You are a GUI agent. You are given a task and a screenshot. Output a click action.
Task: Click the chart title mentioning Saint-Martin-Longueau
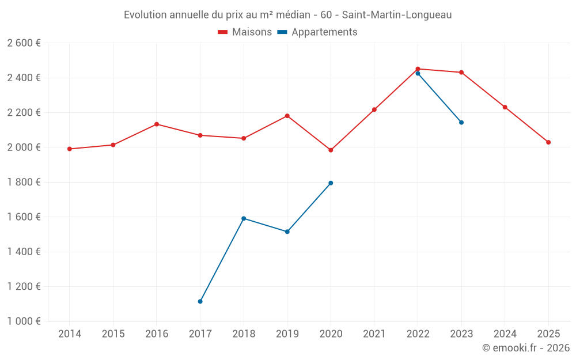287,14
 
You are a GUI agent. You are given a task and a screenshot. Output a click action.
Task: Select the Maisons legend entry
245,32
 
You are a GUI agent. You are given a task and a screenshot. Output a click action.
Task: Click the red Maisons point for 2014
70,149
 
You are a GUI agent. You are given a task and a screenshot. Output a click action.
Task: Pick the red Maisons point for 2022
418,69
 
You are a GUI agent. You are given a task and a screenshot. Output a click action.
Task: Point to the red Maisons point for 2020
331,150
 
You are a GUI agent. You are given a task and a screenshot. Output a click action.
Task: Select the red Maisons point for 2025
548,142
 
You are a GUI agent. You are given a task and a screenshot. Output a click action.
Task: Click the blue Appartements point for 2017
200,301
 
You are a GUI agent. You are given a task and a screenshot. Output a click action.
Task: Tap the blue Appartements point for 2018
244,218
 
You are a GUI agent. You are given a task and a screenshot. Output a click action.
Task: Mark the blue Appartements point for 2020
331,183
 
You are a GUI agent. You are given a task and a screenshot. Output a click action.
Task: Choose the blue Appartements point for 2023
461,122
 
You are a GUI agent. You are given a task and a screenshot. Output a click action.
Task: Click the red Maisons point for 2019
287,116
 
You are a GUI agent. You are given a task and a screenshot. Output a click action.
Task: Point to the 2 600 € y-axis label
24,43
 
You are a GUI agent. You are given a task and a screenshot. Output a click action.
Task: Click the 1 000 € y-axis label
24,321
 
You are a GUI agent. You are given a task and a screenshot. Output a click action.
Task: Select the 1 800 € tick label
24,182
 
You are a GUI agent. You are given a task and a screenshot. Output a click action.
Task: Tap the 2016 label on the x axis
157,334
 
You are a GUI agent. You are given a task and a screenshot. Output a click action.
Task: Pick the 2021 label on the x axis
374,334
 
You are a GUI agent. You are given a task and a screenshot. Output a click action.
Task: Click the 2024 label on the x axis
505,334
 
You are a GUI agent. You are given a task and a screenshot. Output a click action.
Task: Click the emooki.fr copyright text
525,348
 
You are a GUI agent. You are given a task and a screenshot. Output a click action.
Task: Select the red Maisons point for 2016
157,124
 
